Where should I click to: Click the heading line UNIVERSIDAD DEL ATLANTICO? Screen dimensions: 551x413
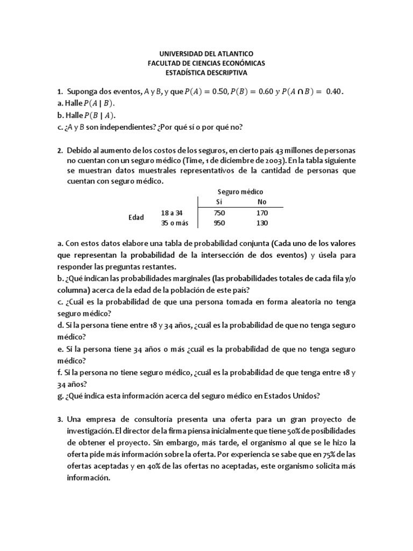[206, 54]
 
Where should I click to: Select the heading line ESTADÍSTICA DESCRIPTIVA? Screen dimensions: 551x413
[206, 72]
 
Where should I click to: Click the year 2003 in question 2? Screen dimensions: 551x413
[276, 160]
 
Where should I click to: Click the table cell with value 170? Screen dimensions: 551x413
[262, 213]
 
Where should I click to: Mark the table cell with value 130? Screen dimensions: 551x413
[262, 223]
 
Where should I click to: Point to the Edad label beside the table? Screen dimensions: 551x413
[136, 217]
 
